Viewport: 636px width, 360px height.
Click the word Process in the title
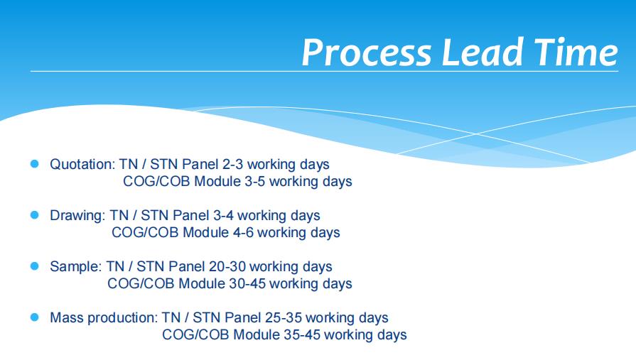366,53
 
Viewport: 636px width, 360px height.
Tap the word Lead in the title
483,53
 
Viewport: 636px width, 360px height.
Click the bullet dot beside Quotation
35,164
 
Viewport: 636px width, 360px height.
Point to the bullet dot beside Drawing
35,215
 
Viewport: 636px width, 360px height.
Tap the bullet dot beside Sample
35,266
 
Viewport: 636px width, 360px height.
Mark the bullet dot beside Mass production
35,317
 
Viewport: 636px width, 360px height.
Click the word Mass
67,317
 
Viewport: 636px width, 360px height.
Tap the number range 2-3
233,164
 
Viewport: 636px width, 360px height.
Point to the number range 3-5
255,181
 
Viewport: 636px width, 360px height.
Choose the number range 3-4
224,215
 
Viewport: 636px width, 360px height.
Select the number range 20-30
227,266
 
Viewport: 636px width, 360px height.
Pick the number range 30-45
247,283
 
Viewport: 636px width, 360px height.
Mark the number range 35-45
302,334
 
